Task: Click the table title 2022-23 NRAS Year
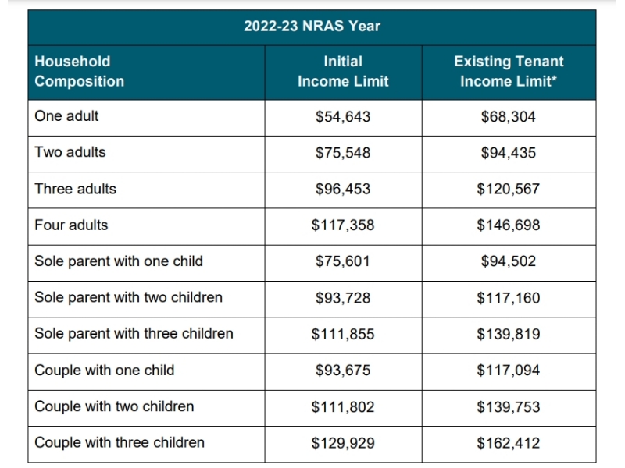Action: click(x=312, y=27)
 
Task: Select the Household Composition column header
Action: click(x=80, y=71)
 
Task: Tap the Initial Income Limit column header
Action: click(x=343, y=71)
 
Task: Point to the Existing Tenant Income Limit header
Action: click(x=509, y=71)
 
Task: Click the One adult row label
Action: click(x=66, y=116)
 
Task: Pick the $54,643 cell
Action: click(x=343, y=116)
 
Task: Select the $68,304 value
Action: click(x=509, y=116)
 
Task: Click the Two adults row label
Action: click(x=70, y=152)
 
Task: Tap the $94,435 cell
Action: click(x=509, y=153)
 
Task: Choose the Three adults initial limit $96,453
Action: click(x=343, y=189)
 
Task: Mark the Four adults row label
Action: click(x=71, y=225)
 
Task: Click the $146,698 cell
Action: click(x=509, y=225)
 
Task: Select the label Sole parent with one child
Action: click(x=119, y=261)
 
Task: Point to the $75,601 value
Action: click(x=343, y=261)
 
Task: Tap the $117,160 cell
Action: click(x=509, y=298)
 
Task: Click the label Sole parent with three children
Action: click(x=134, y=334)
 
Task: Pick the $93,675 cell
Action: click(x=343, y=370)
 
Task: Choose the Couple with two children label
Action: click(x=114, y=406)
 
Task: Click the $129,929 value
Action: click(x=343, y=443)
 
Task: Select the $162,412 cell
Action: click(x=509, y=443)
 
